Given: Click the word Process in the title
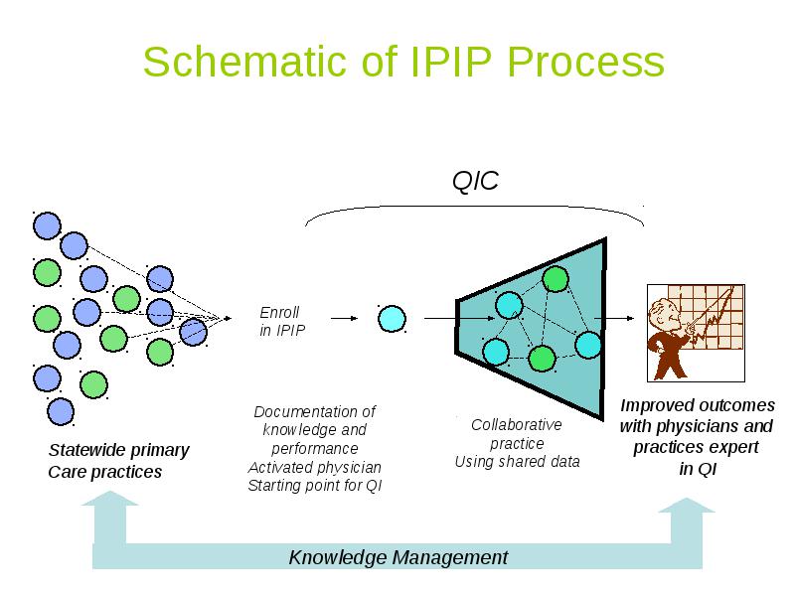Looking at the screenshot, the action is (x=585, y=62).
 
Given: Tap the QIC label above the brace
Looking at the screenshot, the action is (x=475, y=181).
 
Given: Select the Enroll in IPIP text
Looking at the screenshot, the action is (x=282, y=321).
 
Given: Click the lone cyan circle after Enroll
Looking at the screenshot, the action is (x=392, y=319).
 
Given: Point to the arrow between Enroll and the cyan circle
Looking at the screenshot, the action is (x=344, y=318).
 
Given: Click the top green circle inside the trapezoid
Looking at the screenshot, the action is (x=556, y=279).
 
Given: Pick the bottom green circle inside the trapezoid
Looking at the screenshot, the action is (x=542, y=359).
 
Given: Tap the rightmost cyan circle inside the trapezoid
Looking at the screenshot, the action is (x=588, y=345).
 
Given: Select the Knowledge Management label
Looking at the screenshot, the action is (x=398, y=557).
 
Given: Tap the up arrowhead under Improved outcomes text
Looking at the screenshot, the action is (x=687, y=505).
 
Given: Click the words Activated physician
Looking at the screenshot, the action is (x=315, y=467).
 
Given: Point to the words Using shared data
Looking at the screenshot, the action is (x=517, y=462).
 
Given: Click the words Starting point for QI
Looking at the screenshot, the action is (x=315, y=486).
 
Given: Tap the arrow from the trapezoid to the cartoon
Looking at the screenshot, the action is (x=614, y=318).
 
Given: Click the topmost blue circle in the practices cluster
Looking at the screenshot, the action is (x=47, y=225).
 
